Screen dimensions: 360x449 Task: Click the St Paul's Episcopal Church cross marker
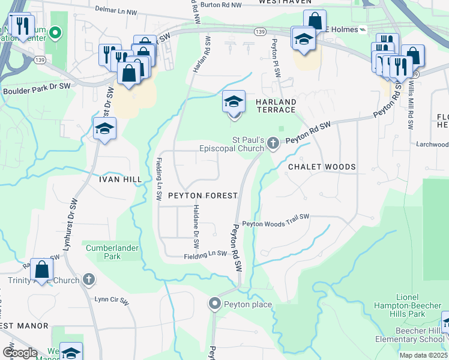point(274,143)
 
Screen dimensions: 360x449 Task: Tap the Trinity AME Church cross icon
point(88,280)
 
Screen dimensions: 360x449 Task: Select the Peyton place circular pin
point(215,304)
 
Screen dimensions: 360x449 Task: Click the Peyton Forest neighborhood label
point(202,196)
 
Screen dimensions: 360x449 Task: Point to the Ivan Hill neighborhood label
point(120,179)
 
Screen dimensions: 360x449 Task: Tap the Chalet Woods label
point(322,167)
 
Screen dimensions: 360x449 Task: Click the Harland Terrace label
point(276,106)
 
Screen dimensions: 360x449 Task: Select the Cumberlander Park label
point(112,252)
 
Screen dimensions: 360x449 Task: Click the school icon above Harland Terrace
point(234,102)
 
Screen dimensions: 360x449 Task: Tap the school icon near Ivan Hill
point(104,128)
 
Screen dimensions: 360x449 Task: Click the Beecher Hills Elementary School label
point(420,335)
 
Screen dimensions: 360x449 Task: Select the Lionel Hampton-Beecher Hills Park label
point(411,305)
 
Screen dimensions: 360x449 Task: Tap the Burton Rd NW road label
point(221,4)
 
